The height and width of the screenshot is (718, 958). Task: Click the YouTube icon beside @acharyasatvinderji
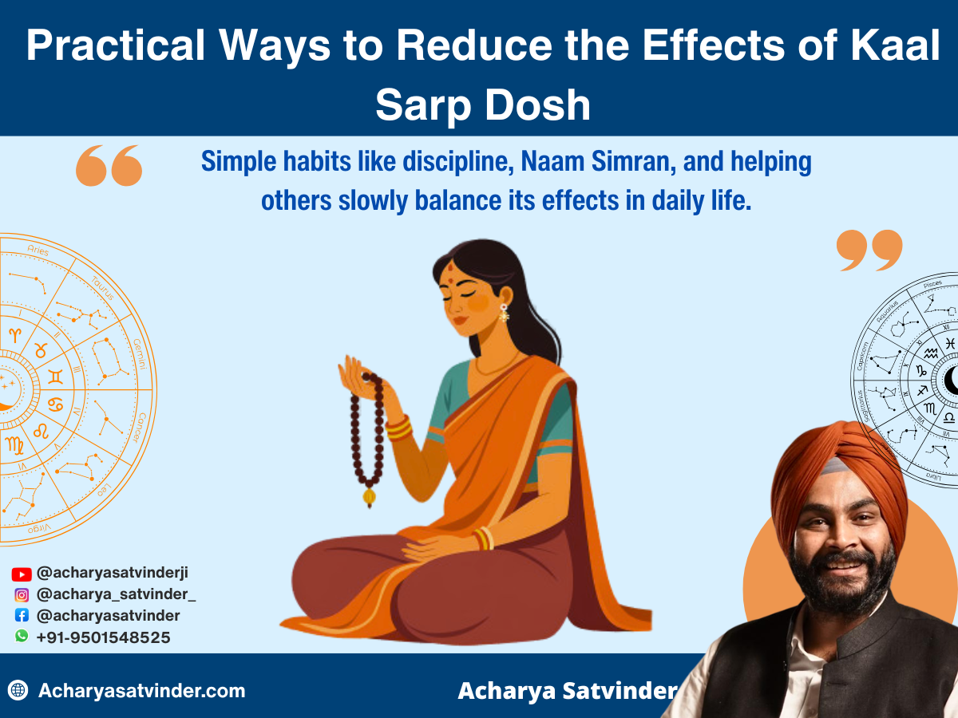tap(22, 574)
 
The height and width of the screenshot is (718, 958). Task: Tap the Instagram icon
tap(22, 594)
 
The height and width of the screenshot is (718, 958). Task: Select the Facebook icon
tap(22, 615)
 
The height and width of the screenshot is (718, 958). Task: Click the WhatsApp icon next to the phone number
tap(22, 636)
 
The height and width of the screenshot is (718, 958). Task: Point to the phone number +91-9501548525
tap(103, 637)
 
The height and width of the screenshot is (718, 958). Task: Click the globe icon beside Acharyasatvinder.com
tap(18, 690)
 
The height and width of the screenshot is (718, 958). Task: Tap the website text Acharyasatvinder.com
tap(142, 691)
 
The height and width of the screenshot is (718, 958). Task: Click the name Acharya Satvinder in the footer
tap(567, 691)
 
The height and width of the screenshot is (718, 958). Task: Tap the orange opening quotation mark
tap(109, 165)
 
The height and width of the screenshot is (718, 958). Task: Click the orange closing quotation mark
tap(869, 250)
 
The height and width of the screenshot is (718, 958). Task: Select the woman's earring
tap(505, 313)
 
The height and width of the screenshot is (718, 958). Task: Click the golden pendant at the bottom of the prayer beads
tap(369, 498)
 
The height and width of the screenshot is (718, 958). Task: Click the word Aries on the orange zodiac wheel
tap(38, 251)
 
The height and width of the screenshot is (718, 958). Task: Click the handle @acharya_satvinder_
tap(117, 594)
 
